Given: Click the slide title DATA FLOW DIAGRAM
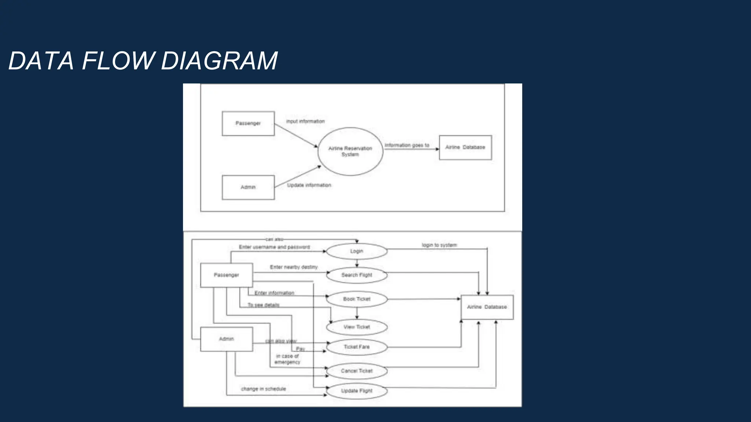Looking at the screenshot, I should (143, 61).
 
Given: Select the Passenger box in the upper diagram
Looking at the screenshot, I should (248, 123).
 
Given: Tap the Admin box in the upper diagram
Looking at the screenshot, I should (248, 187).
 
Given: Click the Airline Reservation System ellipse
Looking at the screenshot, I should (350, 151).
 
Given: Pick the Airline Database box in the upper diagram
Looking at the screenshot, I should (465, 147).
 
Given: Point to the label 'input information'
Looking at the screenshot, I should (305, 121).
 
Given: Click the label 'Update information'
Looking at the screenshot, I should (309, 185).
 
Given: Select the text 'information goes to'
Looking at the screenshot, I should (407, 145).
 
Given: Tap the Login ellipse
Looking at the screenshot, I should (356, 251).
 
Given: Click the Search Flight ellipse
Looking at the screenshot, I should (356, 275).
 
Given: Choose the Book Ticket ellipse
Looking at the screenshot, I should (356, 299).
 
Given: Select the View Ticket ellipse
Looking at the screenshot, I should (356, 327).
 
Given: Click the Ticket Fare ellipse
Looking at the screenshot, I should (356, 347).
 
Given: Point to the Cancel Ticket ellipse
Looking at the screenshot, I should (356, 371).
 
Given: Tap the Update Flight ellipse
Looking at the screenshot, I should (356, 391).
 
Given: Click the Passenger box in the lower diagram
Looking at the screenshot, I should (226, 275).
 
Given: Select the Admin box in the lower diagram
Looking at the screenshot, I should (226, 339).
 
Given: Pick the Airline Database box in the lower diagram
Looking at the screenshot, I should (487, 307).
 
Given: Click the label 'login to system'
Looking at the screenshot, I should (439, 245).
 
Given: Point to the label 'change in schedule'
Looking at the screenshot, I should (263, 389).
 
